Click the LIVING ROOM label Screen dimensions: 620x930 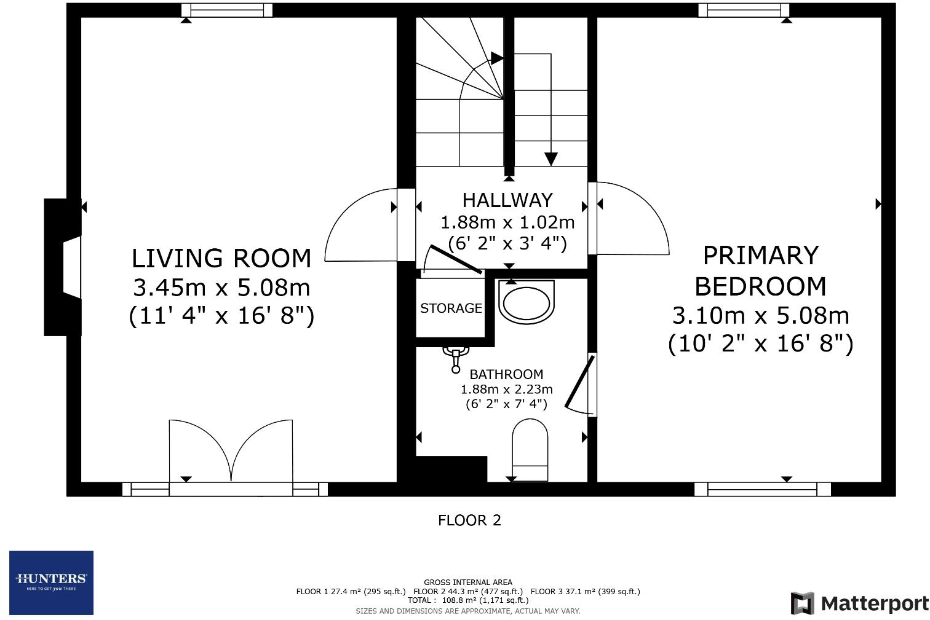pos(221,259)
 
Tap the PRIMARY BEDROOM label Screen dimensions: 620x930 pos(760,271)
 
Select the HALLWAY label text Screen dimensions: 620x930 pos(507,200)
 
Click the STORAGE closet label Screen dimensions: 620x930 pos(451,308)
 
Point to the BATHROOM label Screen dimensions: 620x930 pos(506,374)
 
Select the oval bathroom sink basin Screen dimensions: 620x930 pos(527,302)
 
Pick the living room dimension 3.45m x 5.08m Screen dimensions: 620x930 pos(221,288)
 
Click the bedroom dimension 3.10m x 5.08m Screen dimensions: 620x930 pos(760,316)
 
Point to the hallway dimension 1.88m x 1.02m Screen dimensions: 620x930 pos(507,222)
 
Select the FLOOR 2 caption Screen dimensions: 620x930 pos(469,520)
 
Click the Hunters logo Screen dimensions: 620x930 pos(51,583)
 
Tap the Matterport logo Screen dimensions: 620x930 pos(860,603)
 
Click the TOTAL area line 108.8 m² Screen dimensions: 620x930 pos(468,600)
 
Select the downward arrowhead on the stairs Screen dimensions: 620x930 pos(551,159)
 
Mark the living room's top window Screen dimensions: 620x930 pos(227,10)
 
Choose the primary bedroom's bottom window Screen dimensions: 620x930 pos(762,489)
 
